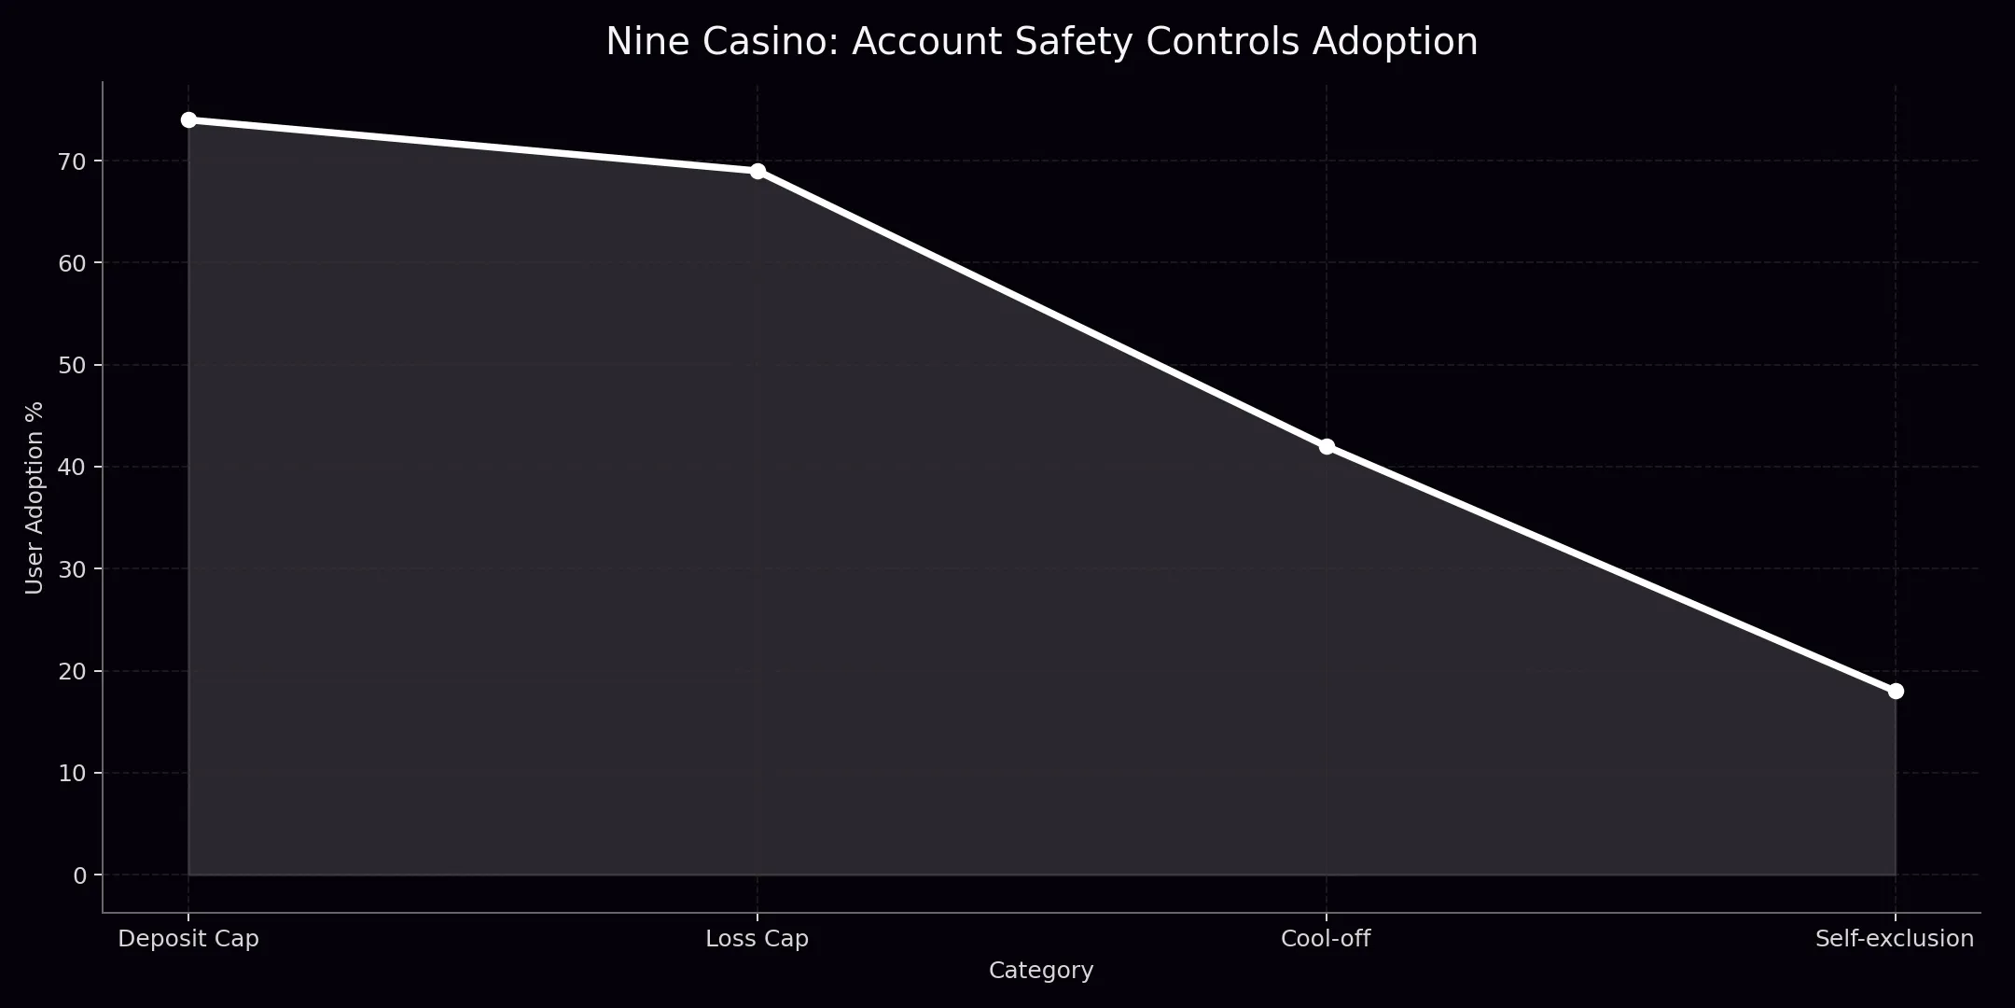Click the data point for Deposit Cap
(188, 120)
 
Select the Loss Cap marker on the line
(757, 171)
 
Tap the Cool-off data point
(1326, 446)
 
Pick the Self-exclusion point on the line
(1895, 691)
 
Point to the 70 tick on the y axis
(73, 161)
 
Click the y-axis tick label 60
(73, 263)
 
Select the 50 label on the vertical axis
(73, 365)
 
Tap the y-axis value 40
(73, 467)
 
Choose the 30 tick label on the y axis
(73, 569)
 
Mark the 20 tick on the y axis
(73, 671)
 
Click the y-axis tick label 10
(73, 773)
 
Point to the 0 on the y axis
(79, 875)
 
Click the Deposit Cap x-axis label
(188, 939)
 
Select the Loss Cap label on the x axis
(757, 939)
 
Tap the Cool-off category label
(1326, 939)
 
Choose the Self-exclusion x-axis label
(1895, 939)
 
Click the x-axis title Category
(1041, 971)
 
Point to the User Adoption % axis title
(35, 497)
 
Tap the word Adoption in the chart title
(1395, 42)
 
